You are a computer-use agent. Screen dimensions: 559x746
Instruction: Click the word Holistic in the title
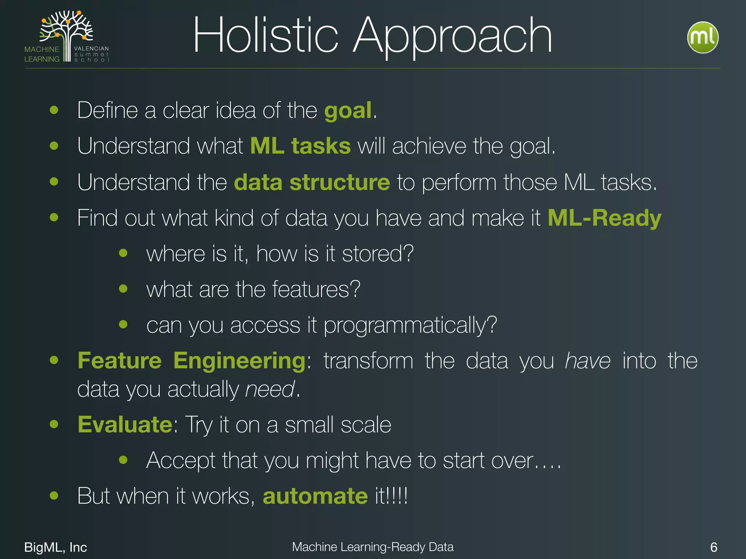click(x=266, y=36)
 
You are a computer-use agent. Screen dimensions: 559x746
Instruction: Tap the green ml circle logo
click(x=702, y=38)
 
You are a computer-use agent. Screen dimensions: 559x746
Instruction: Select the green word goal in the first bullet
click(x=348, y=111)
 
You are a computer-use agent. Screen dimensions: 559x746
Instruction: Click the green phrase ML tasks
click(x=301, y=146)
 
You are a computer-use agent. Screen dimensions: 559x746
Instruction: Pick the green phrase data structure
click(x=312, y=182)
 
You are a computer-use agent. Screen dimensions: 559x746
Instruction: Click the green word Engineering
click(x=239, y=361)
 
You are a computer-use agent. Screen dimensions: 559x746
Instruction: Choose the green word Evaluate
click(x=125, y=425)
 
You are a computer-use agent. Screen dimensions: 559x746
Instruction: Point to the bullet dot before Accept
click(x=123, y=460)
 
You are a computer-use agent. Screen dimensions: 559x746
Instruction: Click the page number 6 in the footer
click(x=714, y=547)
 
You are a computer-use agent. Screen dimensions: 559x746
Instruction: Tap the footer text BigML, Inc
click(x=55, y=547)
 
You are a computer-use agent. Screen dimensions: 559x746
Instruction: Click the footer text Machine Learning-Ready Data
click(x=373, y=547)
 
